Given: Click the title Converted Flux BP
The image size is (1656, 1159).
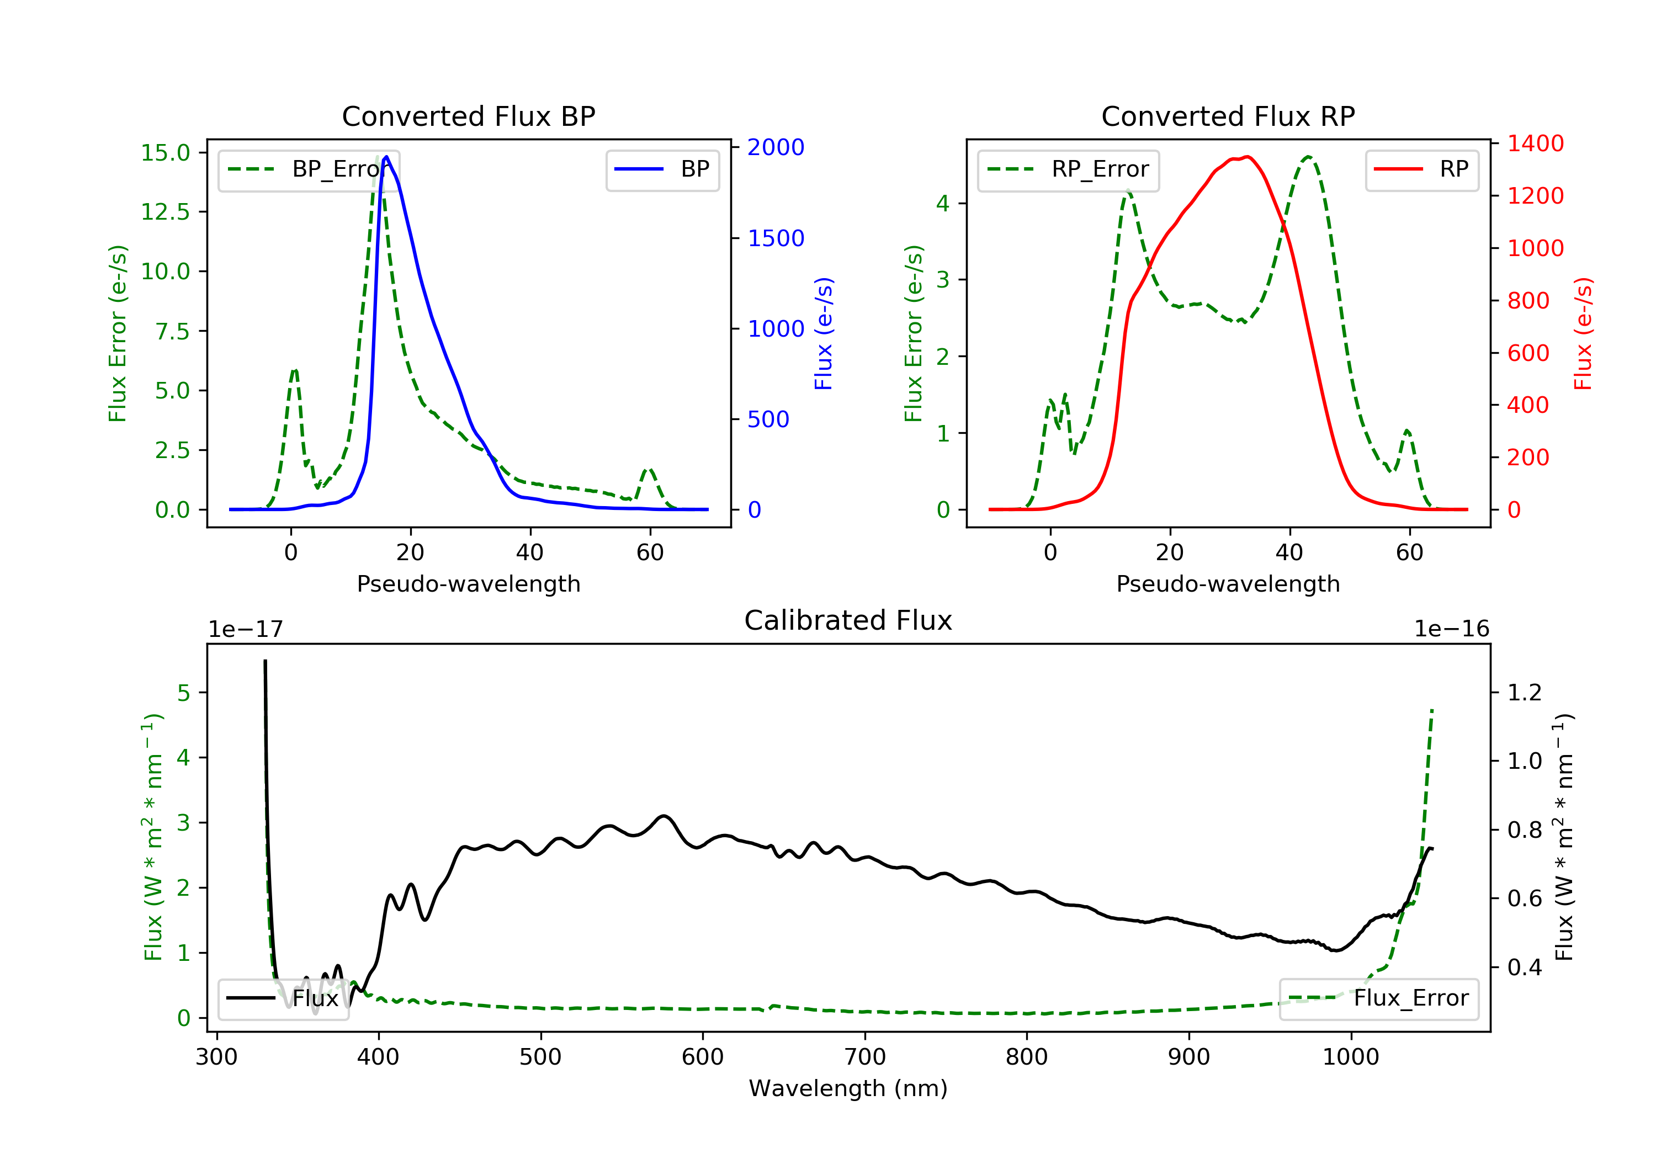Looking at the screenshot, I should click(x=468, y=116).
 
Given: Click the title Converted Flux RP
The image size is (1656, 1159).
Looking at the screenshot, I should click(x=1228, y=116).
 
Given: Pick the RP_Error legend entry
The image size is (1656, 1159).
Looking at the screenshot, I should click(x=1068, y=169).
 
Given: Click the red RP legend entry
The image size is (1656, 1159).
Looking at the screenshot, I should click(x=1421, y=169).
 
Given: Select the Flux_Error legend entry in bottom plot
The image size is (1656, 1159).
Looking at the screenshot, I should click(x=1378, y=998).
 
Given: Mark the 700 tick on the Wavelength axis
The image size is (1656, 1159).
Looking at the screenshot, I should click(x=865, y=1057).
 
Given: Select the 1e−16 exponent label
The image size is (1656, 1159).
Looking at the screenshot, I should click(x=1451, y=629).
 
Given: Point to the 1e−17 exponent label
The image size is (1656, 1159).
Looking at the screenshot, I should click(x=246, y=630).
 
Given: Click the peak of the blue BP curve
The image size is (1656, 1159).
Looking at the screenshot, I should click(x=386, y=157).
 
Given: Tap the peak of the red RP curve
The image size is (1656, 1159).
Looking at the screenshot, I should click(x=1247, y=157).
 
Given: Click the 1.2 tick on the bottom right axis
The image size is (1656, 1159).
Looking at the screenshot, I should click(x=1525, y=693).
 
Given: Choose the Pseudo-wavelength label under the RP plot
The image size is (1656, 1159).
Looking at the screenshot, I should click(x=1228, y=583).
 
